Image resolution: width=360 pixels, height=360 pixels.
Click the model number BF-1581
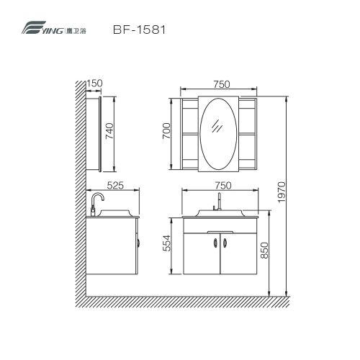pos(139,30)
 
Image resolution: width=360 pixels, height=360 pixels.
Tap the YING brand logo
pos(54,27)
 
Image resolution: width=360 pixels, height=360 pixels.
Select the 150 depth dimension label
pos(94,84)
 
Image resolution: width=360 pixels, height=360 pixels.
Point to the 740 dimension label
pos(109,131)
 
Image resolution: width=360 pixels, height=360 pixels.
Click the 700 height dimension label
pos(166,131)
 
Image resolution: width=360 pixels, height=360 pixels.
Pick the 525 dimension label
pos(115,186)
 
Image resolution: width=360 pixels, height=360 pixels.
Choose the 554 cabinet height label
pos(166,243)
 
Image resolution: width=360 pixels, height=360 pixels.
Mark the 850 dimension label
pos(264,251)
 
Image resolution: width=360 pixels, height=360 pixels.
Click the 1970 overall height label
pos(282,192)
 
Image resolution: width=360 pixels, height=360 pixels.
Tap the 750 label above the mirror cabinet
pos(222,84)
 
